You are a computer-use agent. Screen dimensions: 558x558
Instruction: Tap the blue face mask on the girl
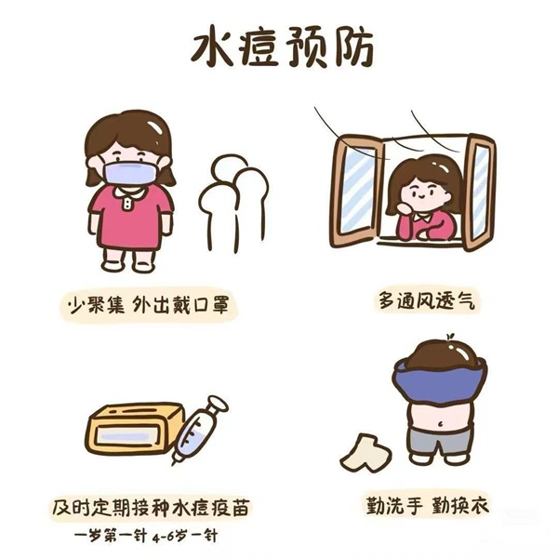(130, 173)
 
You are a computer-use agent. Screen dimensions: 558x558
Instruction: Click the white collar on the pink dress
(130, 193)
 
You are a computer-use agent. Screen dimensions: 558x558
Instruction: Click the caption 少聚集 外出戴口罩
(149, 304)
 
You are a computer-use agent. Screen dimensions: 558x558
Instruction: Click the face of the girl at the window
(422, 194)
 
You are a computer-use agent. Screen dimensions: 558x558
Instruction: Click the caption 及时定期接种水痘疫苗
(151, 507)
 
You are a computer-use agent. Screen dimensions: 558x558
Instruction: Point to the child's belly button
(440, 424)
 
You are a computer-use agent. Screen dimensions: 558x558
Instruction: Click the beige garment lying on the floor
(365, 453)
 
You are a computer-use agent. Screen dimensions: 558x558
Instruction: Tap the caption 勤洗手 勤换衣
(428, 504)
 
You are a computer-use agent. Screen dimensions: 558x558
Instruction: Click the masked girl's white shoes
(129, 265)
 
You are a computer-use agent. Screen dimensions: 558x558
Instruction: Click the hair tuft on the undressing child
(450, 337)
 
